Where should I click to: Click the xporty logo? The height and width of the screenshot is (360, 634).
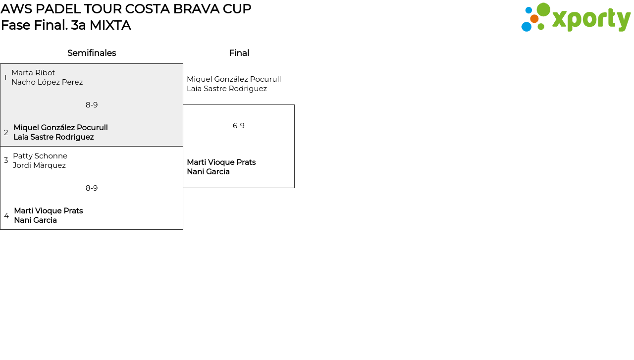click(x=576, y=18)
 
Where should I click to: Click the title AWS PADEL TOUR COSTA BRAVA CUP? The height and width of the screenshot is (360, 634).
click(x=126, y=9)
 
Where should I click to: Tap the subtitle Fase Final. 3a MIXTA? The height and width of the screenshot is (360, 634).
click(x=66, y=25)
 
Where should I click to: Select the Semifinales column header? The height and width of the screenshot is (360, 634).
click(x=92, y=53)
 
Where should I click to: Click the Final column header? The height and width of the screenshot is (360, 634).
click(x=239, y=53)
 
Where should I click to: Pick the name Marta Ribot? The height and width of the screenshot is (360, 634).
click(x=33, y=73)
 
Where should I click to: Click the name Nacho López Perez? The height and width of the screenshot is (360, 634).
click(x=47, y=82)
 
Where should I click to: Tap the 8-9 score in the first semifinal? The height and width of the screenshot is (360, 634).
click(x=92, y=105)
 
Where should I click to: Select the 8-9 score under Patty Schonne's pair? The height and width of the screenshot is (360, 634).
click(x=92, y=188)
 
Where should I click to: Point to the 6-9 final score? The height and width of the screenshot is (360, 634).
click(x=239, y=126)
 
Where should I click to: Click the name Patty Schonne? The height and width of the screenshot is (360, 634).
click(x=40, y=156)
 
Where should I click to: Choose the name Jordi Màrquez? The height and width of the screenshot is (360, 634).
click(x=39, y=165)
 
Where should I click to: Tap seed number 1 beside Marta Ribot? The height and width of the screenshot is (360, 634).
click(x=5, y=78)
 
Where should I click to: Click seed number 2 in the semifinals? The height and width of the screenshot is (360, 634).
click(x=6, y=133)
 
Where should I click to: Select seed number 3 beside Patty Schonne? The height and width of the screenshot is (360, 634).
click(x=6, y=160)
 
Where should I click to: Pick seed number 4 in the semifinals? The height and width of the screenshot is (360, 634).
click(x=6, y=216)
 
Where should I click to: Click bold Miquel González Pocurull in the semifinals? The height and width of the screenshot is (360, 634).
click(x=60, y=128)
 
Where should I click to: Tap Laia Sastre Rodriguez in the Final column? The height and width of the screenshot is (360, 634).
click(x=227, y=89)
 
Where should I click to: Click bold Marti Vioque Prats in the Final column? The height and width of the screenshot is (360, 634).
click(x=221, y=162)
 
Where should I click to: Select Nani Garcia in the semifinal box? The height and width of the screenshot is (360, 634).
click(x=35, y=220)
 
